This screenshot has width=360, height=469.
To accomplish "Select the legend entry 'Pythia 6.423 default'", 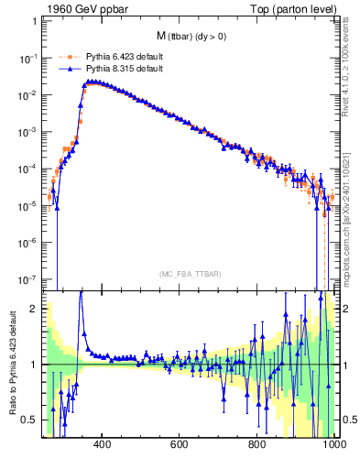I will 124,56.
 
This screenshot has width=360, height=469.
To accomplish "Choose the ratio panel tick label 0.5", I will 31,420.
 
